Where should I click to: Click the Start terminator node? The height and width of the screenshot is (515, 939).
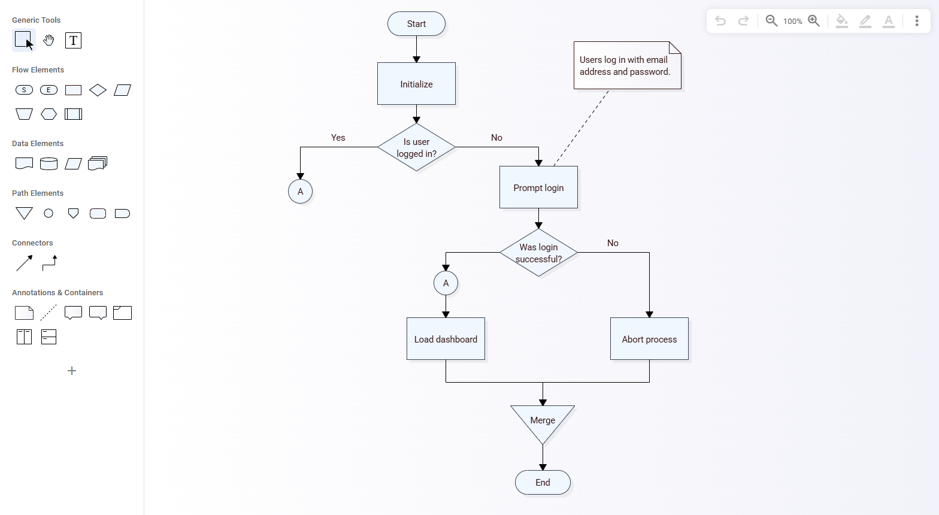(416, 24)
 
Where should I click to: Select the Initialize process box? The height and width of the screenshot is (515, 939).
(416, 84)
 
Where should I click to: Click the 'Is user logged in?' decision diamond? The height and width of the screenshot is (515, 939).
(416, 147)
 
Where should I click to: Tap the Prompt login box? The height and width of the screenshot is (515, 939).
(538, 187)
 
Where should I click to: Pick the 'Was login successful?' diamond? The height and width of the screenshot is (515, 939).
(538, 253)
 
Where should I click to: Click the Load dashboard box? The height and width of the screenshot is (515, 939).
(446, 339)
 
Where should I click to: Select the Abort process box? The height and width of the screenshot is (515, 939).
(649, 339)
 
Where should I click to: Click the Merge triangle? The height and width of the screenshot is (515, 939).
(543, 420)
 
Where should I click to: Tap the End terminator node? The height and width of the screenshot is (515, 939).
(543, 483)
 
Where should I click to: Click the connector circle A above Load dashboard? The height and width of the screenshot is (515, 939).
(446, 283)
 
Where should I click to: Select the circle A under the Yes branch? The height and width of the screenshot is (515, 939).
(300, 192)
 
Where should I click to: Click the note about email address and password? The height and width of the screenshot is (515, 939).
(626, 66)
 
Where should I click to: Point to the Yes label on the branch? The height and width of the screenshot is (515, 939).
(338, 138)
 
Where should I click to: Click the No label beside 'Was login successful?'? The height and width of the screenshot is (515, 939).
(613, 243)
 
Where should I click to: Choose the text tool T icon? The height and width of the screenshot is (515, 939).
(73, 41)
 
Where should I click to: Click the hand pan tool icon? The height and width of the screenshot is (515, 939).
(49, 41)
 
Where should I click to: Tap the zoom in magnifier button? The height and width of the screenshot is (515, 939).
(814, 21)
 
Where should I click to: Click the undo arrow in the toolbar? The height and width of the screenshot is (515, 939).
(720, 21)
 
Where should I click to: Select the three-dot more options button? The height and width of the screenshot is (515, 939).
(916, 21)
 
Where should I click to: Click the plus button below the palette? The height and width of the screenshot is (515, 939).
(72, 371)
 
